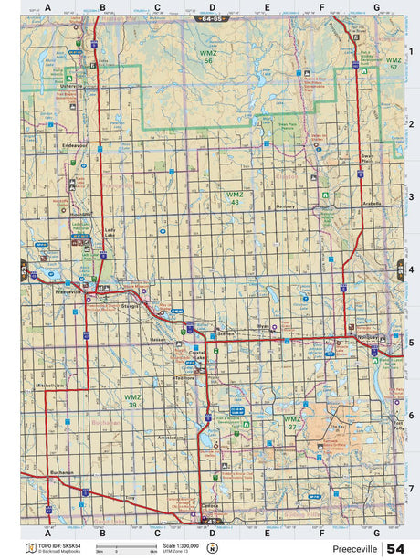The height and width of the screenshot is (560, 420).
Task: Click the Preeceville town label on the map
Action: point(68,292)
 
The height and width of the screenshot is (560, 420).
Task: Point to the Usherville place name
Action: point(72,88)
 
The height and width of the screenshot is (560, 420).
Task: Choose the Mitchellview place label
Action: point(50,386)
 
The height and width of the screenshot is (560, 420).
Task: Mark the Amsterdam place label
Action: point(171,438)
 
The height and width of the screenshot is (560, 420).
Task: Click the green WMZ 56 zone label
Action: point(207,57)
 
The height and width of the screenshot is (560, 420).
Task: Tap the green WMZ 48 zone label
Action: point(236,198)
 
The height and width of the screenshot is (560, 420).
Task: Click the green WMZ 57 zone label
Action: point(394,65)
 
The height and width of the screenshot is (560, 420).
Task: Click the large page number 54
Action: point(396,548)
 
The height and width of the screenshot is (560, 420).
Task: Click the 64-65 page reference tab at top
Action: point(211,18)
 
